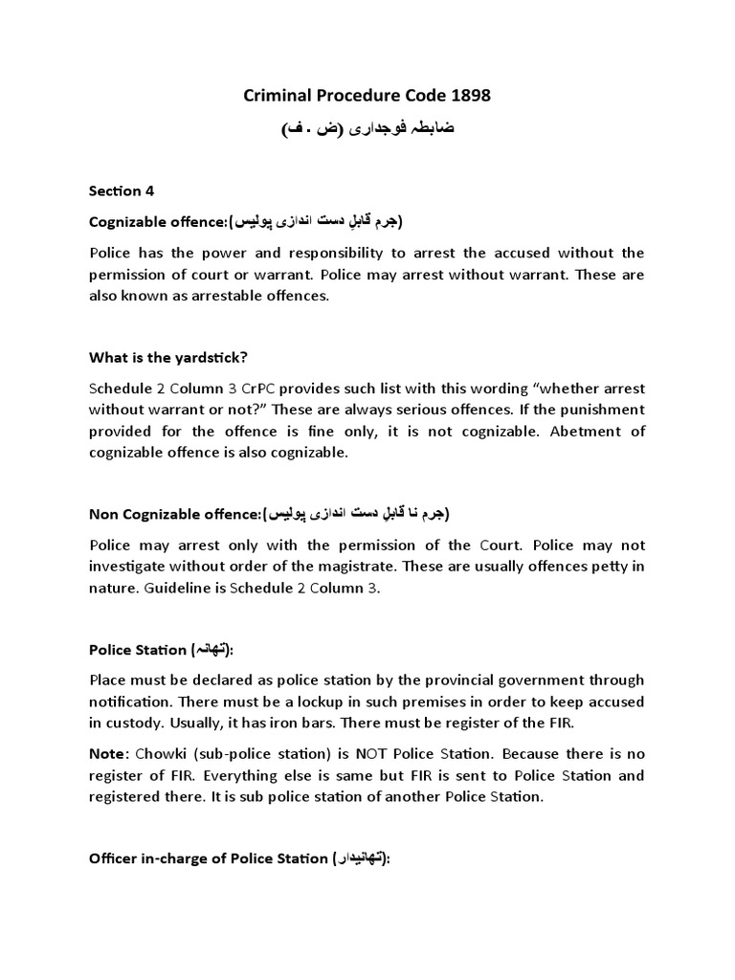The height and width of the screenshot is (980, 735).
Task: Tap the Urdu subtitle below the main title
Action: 367,128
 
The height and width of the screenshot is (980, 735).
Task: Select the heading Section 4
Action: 122,190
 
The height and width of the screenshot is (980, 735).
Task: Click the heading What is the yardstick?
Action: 168,358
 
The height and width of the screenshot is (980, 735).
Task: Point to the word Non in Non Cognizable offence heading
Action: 104,514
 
